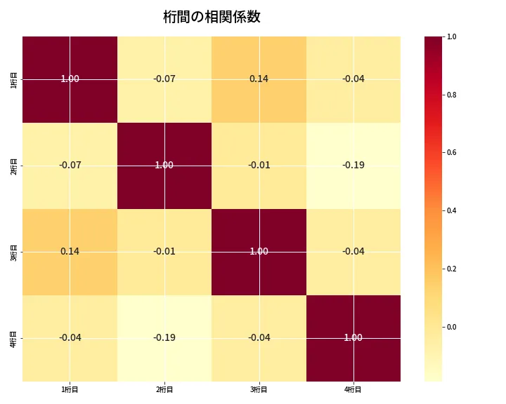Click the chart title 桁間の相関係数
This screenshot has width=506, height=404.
click(212, 17)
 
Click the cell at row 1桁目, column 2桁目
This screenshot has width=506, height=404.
click(164, 79)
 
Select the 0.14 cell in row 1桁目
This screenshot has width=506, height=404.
click(259, 79)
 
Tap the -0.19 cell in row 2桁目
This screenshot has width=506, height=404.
click(353, 166)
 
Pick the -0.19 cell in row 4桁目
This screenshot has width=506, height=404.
click(164, 337)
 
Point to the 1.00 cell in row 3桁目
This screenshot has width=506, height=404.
click(259, 251)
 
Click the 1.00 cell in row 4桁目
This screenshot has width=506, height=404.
click(353, 337)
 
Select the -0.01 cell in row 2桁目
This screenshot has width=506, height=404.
click(259, 166)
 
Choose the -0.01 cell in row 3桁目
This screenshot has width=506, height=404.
click(164, 251)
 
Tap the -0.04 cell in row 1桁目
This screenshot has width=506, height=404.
click(353, 79)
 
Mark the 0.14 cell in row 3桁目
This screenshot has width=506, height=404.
click(70, 251)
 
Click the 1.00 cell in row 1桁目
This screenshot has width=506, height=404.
click(70, 79)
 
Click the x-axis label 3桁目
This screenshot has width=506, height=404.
click(259, 390)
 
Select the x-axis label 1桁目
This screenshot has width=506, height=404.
click(70, 390)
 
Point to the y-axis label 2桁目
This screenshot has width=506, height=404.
click(14, 166)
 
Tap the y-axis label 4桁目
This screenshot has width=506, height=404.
click(14, 337)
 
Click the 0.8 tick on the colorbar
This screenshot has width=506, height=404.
click(451, 95)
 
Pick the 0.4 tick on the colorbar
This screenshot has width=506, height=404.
click(451, 210)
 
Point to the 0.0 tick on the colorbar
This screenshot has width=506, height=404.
click(451, 327)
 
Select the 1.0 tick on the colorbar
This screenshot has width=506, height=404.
click(451, 36)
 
